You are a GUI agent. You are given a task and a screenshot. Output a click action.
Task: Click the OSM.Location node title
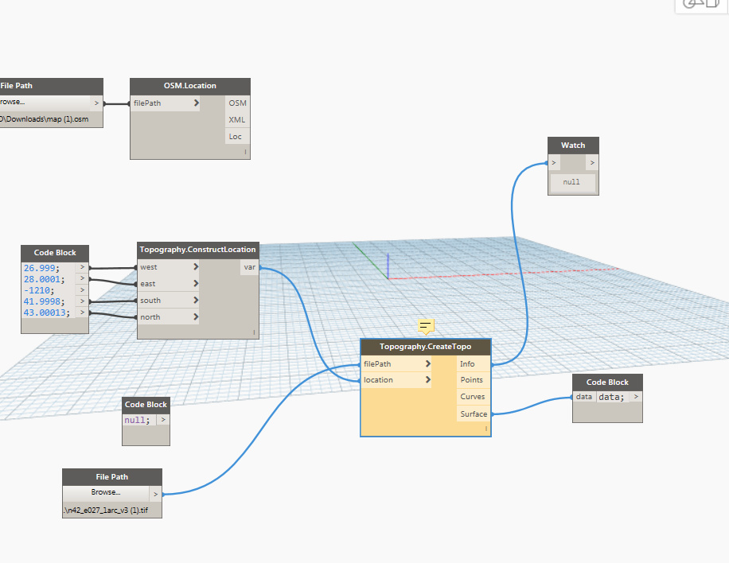189,86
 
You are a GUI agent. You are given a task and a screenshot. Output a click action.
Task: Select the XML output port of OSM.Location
237,119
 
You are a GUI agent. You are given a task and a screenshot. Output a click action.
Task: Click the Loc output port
236,136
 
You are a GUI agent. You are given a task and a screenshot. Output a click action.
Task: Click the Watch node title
573,145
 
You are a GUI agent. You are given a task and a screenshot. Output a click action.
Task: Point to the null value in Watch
571,182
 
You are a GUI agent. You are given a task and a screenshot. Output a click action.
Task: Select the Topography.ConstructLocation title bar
197,249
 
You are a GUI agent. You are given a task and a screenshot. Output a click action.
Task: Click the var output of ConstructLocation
250,268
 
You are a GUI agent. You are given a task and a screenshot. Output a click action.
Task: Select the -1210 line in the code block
39,289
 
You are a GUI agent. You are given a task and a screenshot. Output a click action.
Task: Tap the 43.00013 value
46,313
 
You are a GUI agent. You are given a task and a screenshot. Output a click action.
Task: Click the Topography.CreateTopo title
425,347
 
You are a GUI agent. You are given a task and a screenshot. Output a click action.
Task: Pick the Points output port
473,380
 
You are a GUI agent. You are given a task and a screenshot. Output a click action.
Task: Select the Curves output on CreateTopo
473,397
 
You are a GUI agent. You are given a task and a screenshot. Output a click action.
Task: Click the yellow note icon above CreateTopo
426,326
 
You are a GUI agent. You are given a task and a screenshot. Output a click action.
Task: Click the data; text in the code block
612,397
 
